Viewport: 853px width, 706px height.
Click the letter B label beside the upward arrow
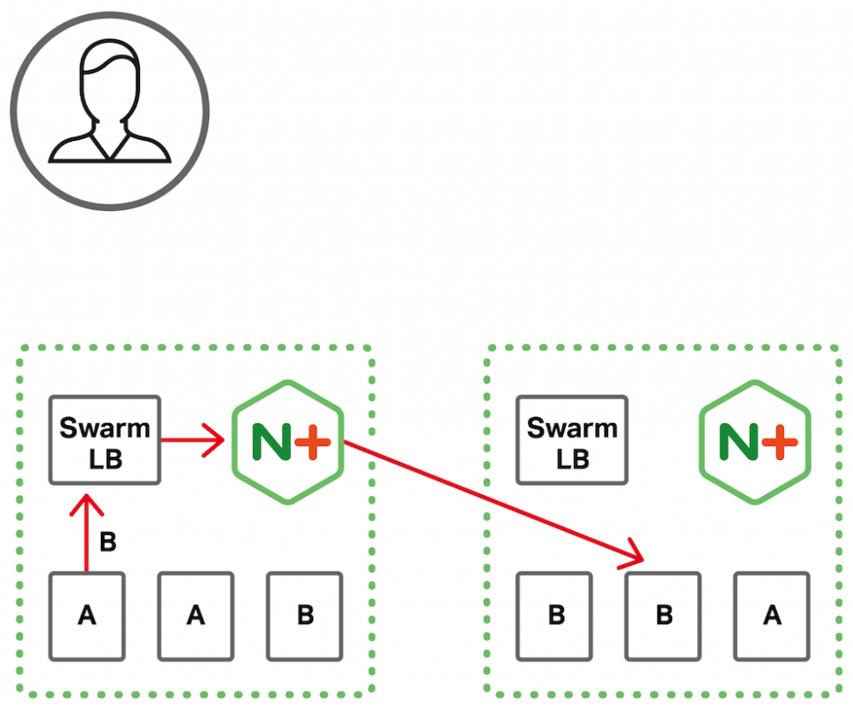click(108, 542)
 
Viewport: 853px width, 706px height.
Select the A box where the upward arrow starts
click(86, 616)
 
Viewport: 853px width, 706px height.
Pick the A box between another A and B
click(195, 616)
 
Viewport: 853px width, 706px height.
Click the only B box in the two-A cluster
click(305, 616)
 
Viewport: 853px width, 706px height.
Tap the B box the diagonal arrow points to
click(663, 616)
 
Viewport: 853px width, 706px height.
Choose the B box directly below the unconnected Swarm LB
click(555, 616)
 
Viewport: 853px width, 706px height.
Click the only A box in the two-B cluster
click(771, 616)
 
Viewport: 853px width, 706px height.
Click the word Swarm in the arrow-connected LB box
click(105, 427)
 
